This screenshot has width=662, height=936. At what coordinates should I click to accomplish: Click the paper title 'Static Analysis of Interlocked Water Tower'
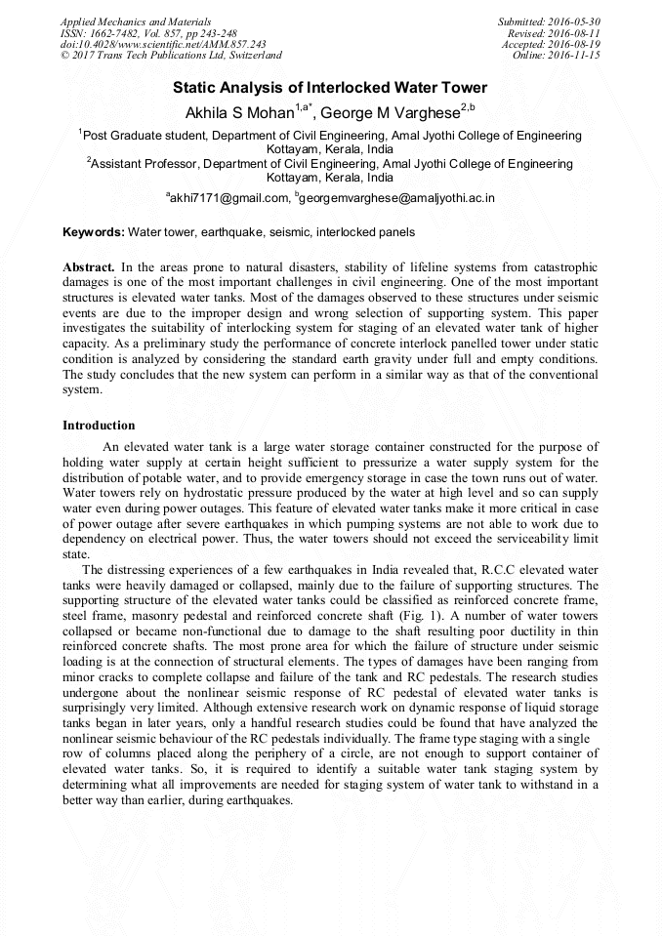tap(330, 88)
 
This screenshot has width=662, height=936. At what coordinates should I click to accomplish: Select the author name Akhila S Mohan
tap(239, 112)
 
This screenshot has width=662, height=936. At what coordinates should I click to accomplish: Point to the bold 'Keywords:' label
tap(94, 232)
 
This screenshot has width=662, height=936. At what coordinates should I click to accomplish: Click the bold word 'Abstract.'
tap(89, 266)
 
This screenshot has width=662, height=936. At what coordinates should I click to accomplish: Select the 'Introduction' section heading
tap(99, 426)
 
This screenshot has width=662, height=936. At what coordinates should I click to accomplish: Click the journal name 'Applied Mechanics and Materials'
tap(136, 21)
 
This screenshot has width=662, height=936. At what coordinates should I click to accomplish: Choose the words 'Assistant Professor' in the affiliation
tap(143, 165)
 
